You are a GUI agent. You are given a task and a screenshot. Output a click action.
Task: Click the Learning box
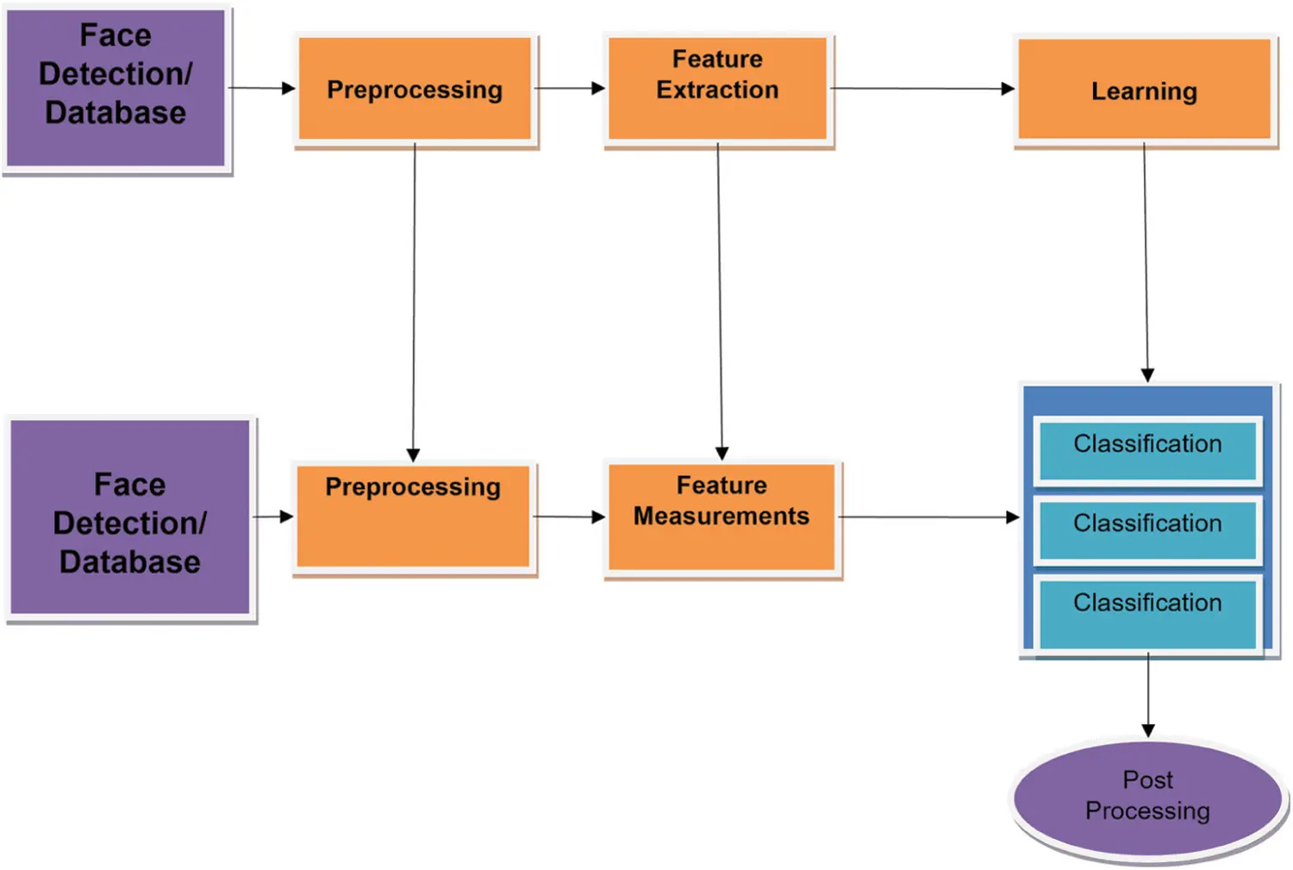[1144, 90]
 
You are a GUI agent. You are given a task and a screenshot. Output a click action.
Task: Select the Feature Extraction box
[717, 88]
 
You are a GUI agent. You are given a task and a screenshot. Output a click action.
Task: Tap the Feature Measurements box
[721, 516]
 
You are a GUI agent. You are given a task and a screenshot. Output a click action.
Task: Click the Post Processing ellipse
[1147, 798]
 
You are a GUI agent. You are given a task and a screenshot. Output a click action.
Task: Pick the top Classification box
[1147, 448]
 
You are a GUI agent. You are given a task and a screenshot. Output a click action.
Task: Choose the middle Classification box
[1147, 528]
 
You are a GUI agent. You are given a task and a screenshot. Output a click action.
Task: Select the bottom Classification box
[1147, 609]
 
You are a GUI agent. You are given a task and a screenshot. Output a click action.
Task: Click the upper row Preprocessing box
[415, 89]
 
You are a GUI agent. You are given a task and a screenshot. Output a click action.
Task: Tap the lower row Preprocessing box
[413, 516]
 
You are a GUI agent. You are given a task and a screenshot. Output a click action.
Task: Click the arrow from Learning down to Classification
[1146, 259]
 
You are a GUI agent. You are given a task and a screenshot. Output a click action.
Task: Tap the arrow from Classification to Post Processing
[1148, 694]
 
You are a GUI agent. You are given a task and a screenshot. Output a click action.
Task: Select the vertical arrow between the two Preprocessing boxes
[414, 302]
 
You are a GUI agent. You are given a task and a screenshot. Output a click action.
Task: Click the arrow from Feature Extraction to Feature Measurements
[720, 302]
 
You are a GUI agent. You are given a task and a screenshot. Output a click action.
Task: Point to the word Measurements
[721, 516]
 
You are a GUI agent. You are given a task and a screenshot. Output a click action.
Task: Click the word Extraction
[717, 90]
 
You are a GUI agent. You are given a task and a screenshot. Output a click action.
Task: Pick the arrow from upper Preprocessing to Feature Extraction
[569, 88]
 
